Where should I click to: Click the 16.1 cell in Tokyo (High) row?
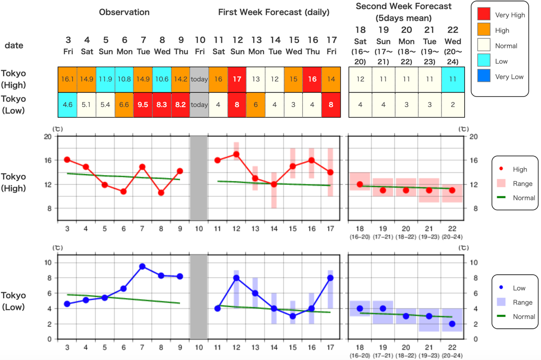tap(67, 79)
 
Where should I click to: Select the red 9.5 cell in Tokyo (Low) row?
tap(142, 105)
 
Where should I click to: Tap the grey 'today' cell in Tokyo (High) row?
tap(199, 79)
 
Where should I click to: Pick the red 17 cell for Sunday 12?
tap(237, 79)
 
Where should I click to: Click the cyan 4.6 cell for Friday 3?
tap(67, 105)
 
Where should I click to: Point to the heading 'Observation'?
tap(124, 12)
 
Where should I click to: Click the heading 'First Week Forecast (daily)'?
tap(274, 12)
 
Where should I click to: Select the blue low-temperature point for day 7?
tap(142, 266)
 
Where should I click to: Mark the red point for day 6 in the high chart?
tap(124, 191)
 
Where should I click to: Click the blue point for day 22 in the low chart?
tap(452, 324)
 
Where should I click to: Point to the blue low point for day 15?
tap(293, 316)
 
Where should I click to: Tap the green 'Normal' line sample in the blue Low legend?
tap(502, 317)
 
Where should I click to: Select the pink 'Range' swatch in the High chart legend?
tap(502, 183)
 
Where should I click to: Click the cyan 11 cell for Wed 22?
tap(452, 79)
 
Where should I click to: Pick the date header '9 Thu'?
tap(180, 45)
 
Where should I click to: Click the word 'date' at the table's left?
tap(14, 45)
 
